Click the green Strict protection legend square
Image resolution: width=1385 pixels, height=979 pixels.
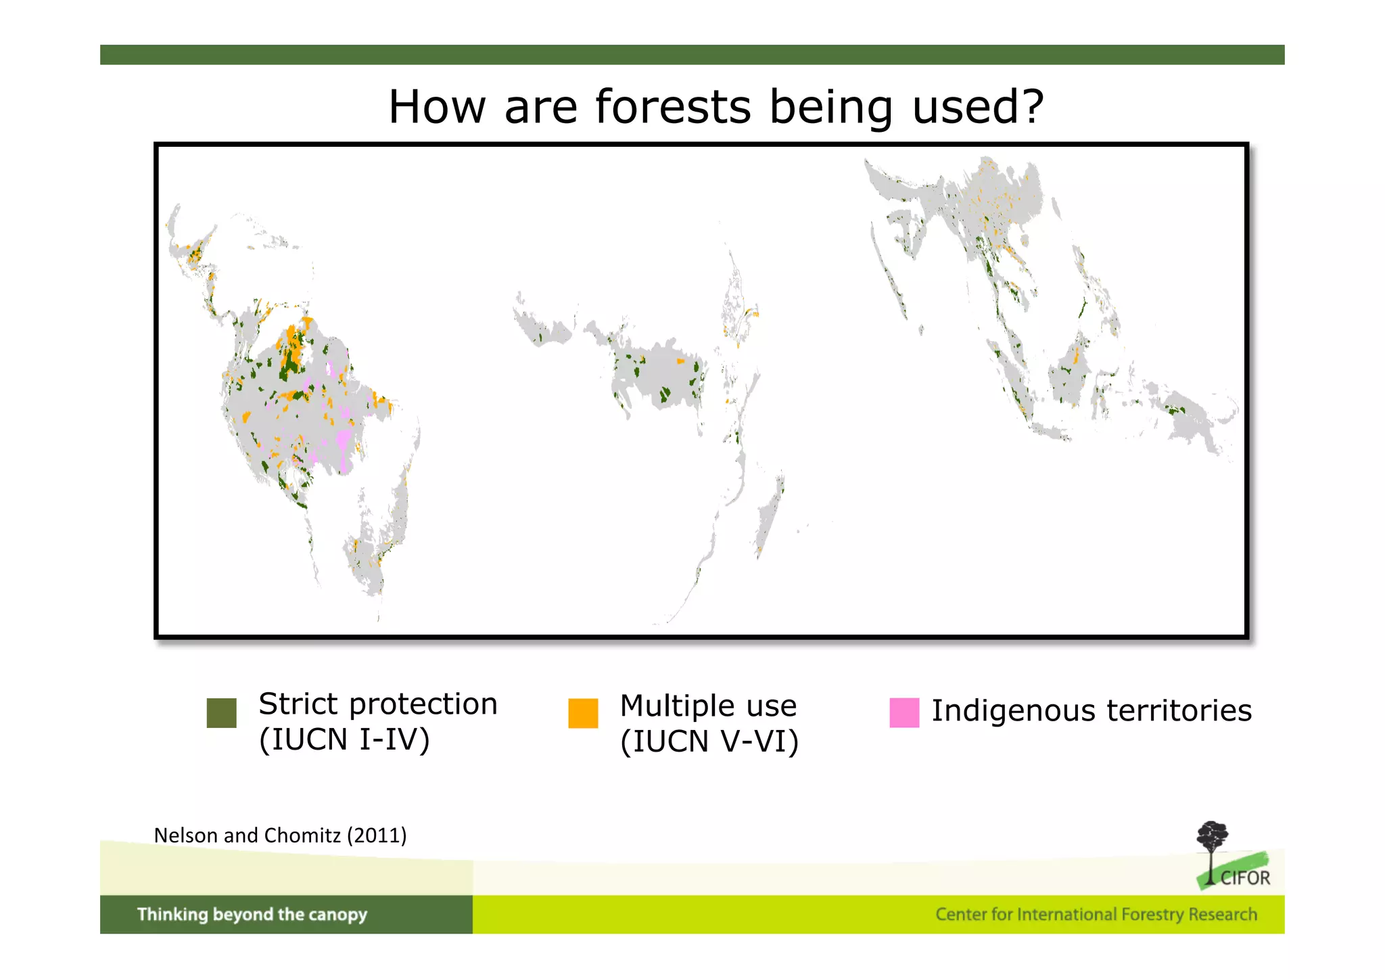[222, 713]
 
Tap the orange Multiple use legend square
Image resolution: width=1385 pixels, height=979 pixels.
[583, 713]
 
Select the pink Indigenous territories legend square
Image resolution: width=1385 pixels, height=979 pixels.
[904, 712]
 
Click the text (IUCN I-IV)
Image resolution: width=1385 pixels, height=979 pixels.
[344, 739]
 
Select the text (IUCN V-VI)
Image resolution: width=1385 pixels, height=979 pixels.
[709, 742]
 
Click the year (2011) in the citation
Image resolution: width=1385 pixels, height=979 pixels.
[377, 836]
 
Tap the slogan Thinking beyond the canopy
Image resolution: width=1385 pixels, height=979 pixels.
[252, 915]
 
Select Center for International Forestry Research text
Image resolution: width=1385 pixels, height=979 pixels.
[1096, 915]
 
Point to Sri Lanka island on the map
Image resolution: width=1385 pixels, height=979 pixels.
[920, 330]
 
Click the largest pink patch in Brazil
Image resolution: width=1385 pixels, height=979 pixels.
[344, 443]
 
